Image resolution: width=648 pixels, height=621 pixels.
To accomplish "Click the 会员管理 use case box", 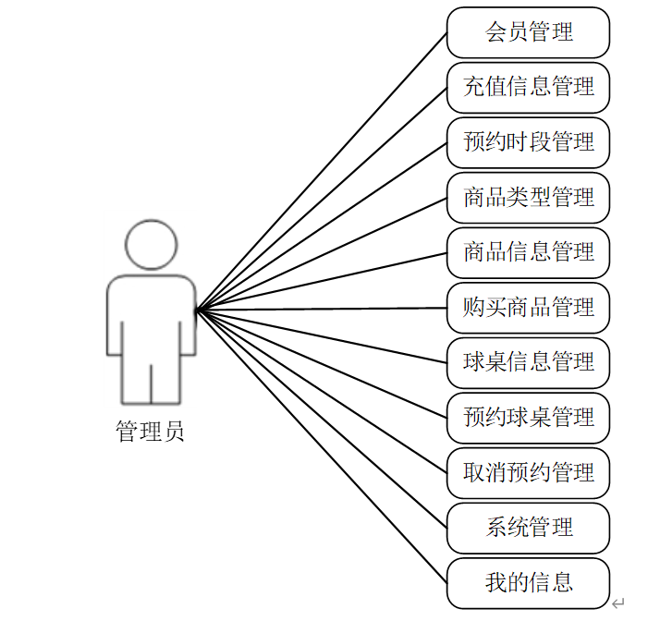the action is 528,32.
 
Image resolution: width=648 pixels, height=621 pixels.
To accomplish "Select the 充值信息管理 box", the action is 528,87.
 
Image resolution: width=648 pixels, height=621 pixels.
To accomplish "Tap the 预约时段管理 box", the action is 528,142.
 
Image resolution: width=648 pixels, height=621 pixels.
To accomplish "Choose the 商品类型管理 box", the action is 528,197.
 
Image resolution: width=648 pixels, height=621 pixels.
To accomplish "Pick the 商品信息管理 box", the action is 528,252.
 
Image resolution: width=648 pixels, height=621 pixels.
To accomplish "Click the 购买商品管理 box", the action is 528,307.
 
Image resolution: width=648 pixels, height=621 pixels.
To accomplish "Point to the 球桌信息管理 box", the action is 528,362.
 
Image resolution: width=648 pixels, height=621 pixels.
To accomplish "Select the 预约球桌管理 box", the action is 528,417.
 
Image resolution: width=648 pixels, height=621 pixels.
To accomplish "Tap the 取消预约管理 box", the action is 528,472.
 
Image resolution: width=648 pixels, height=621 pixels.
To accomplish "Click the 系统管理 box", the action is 528,528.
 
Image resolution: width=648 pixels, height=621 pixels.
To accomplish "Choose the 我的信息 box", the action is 528,582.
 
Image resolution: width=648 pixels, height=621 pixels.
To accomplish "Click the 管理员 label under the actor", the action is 150,432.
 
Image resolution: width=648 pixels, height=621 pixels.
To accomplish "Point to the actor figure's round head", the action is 151,244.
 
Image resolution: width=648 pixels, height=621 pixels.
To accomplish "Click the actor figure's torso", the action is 151,314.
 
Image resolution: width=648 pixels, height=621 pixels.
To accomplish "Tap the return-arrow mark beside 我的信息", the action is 618,603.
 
